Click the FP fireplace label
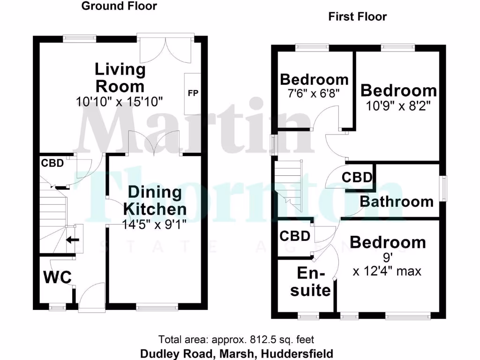pyautogui.click(x=193, y=93)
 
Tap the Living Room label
pyautogui.click(x=120, y=78)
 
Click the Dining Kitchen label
pyautogui.click(x=155, y=200)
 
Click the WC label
pyautogui.click(x=58, y=277)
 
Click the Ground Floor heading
pyautogui.click(x=119, y=6)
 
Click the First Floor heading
pyautogui.click(x=357, y=17)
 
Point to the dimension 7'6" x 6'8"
pyautogui.click(x=314, y=93)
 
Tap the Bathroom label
pyautogui.click(x=397, y=202)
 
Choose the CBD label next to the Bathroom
pyautogui.click(x=357, y=178)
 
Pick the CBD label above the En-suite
pyautogui.click(x=295, y=236)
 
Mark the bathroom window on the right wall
pyautogui.click(x=442, y=188)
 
